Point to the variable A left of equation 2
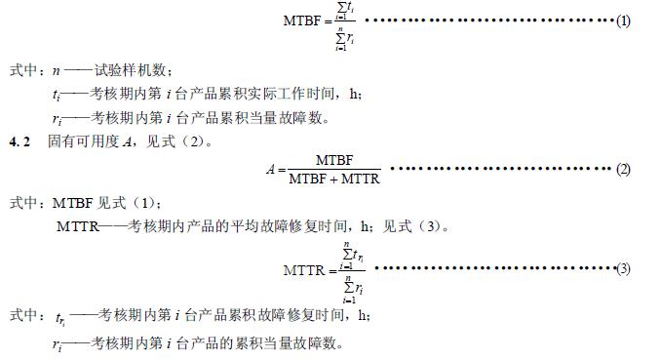coord(269,169)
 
